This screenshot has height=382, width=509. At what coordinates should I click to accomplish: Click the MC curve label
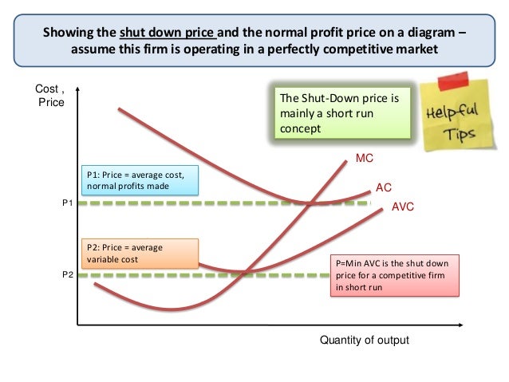[x=365, y=159]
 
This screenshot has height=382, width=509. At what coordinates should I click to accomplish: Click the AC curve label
[x=384, y=188]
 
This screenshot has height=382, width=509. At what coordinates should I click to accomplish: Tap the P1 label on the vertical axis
[x=67, y=204]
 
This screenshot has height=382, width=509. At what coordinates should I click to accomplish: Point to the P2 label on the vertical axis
[x=67, y=274]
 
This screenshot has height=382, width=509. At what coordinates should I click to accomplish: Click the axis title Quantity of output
[x=364, y=340]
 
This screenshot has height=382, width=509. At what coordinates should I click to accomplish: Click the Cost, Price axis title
[x=51, y=96]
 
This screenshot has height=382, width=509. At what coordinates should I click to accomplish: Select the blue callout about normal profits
[x=140, y=181]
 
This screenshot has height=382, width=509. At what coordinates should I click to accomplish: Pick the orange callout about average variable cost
[x=140, y=253]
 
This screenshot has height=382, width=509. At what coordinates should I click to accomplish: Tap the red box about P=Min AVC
[x=394, y=275]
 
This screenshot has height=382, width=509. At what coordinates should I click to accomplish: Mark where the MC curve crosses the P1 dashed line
[x=308, y=203]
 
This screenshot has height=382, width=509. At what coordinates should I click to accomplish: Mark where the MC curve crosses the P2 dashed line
[x=240, y=275]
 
